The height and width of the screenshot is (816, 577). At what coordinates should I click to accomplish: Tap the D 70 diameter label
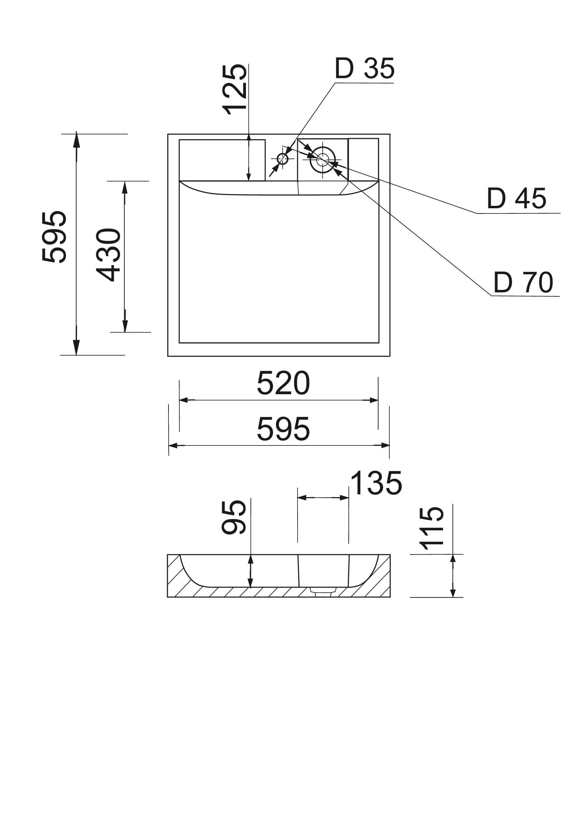tap(523, 283)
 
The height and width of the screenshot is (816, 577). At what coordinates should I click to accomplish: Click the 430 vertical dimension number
tap(109, 254)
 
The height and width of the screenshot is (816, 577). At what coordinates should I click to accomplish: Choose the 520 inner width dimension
tap(283, 383)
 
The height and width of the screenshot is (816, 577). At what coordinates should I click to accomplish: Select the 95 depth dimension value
tap(234, 517)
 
